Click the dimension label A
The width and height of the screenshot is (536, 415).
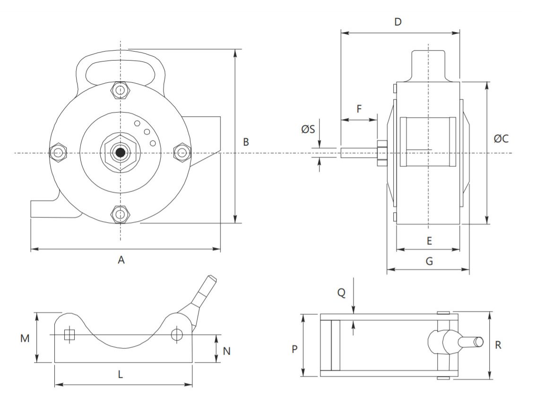[x=121, y=260]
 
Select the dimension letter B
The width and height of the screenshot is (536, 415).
[x=246, y=142]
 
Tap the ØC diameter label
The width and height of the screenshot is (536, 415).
[x=501, y=138]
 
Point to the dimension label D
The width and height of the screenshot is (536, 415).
[x=398, y=22]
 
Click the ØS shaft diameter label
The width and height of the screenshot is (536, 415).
[x=308, y=129]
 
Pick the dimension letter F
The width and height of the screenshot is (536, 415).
[x=359, y=109]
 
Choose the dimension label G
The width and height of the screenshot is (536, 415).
[x=429, y=261]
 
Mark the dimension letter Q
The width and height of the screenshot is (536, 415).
[x=341, y=293]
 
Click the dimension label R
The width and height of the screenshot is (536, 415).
[x=498, y=345]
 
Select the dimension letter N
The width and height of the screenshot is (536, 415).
[x=226, y=351]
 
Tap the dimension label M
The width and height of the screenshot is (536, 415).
[x=25, y=338]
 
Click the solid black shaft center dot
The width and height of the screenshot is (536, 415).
[x=120, y=153]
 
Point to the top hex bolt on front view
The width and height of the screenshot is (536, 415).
[x=120, y=91]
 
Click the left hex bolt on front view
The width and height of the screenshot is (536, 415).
[x=58, y=153]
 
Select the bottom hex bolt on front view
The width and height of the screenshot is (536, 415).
[x=120, y=214]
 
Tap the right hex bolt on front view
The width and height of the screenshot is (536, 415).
[x=182, y=153]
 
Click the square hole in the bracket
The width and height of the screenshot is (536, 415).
[x=69, y=335]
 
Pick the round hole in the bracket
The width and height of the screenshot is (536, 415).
[x=177, y=334]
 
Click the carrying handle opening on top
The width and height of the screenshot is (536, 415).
[x=121, y=72]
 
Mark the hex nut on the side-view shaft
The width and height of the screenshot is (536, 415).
[x=381, y=153]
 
